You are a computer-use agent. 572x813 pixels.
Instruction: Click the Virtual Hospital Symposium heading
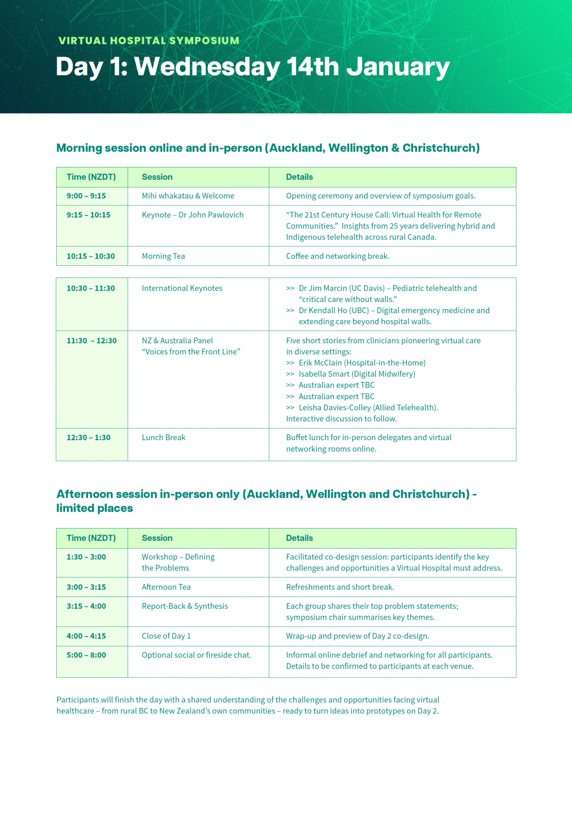[x=149, y=41]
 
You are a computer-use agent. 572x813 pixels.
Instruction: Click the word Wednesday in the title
[x=207, y=66]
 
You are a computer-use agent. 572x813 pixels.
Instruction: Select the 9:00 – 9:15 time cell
[x=87, y=196]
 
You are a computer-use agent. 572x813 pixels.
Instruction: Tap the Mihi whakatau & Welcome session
[x=188, y=196]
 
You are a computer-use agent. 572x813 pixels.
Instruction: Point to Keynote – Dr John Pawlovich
[x=193, y=215]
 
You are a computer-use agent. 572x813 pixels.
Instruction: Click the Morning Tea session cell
[x=163, y=256]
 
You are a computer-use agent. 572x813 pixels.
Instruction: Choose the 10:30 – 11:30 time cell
[x=91, y=288]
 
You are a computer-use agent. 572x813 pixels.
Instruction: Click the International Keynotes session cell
[x=182, y=288]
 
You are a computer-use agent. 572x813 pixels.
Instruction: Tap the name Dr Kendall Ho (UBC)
[x=334, y=311]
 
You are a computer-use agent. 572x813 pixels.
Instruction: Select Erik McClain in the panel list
[x=320, y=363]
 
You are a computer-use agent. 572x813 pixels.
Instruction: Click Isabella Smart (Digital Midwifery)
[x=357, y=374]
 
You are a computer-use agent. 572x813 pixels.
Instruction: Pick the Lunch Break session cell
[x=163, y=438]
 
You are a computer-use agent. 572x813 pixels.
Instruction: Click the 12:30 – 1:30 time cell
[x=88, y=438]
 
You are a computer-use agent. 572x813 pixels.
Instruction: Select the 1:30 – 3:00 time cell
[x=87, y=557]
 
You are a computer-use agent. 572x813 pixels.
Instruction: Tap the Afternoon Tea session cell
[x=166, y=587]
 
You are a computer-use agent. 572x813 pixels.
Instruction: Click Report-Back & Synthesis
[x=185, y=606]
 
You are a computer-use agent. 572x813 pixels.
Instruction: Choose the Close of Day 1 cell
[x=166, y=636]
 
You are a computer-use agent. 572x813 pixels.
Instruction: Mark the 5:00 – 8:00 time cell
[x=87, y=655]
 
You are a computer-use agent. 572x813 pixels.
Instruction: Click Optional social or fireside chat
[x=197, y=655]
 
